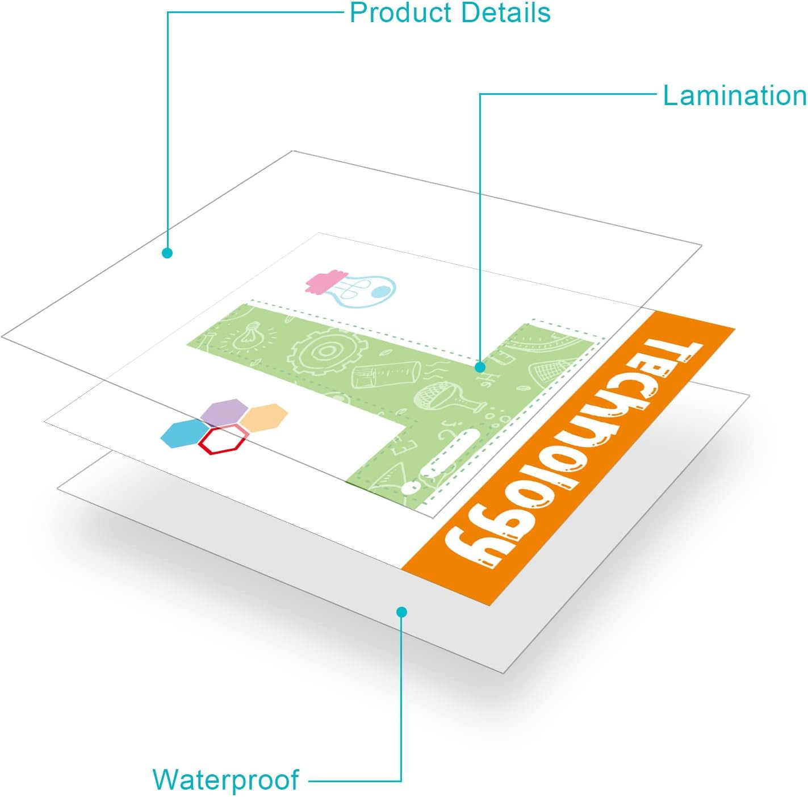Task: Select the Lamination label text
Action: click(x=734, y=95)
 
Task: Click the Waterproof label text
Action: click(x=225, y=780)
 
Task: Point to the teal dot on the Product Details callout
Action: click(x=168, y=253)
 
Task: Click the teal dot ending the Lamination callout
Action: click(x=480, y=367)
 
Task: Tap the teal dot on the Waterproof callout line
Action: click(x=401, y=612)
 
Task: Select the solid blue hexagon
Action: click(x=185, y=434)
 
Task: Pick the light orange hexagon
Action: click(x=264, y=418)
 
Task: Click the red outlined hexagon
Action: click(x=223, y=440)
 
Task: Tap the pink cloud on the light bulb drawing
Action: click(x=326, y=281)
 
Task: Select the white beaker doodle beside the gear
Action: click(x=386, y=374)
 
